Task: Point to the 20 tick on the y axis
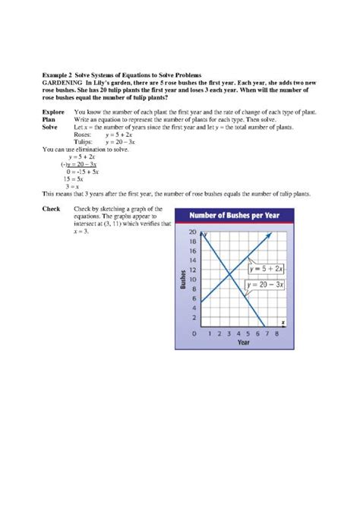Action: (x=193, y=232)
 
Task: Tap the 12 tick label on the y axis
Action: (x=193, y=270)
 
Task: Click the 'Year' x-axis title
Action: (x=242, y=343)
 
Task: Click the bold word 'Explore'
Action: (x=53, y=112)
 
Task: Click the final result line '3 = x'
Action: (x=73, y=186)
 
